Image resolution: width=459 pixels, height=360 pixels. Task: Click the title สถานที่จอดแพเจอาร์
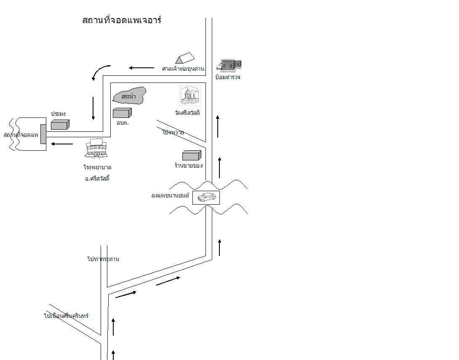(122, 20)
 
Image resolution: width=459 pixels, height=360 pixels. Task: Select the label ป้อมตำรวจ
(228, 77)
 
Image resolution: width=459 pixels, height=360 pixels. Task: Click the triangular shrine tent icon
(185, 58)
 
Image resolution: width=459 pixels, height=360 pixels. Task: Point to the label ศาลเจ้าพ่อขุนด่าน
(183, 69)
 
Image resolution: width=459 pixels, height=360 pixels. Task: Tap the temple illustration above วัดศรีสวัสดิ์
(189, 96)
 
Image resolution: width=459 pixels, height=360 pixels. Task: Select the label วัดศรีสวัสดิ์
(187, 113)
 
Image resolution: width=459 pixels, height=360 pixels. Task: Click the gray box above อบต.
(122, 112)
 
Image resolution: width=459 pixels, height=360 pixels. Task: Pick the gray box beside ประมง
(60, 124)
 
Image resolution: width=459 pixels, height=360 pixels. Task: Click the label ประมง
(58, 114)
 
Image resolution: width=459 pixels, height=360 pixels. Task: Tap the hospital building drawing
(97, 149)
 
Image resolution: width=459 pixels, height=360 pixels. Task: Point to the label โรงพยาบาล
(97, 167)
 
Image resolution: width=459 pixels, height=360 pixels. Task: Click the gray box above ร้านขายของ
(192, 155)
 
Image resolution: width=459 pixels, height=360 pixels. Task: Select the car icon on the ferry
(206, 197)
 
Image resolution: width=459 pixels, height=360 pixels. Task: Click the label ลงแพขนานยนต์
(171, 195)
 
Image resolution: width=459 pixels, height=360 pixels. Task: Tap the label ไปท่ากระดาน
(103, 259)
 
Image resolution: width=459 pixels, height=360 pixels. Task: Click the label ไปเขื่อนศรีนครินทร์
(67, 315)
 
